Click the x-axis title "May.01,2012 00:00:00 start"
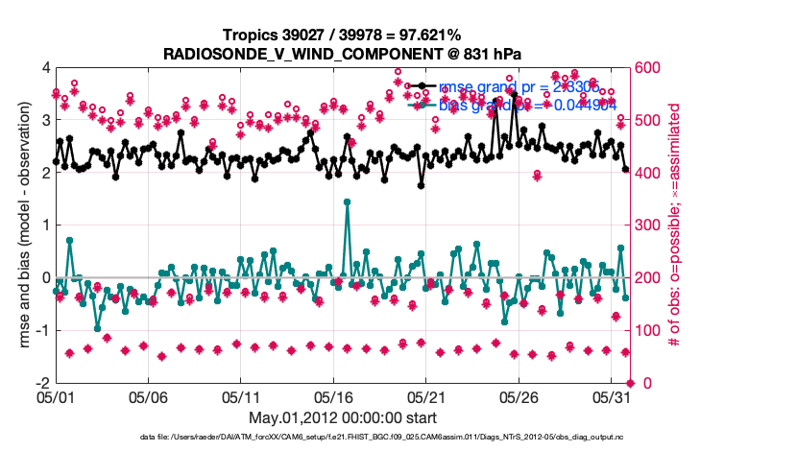pyautogui.click(x=343, y=417)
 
